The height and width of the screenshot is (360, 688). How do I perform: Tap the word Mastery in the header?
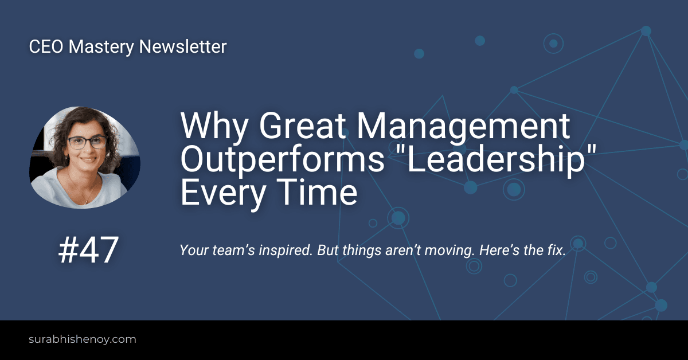click(101, 48)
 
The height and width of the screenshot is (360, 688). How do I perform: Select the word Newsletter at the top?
click(183, 46)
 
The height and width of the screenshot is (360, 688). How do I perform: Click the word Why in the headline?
click(214, 127)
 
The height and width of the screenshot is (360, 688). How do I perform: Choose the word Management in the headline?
click(463, 127)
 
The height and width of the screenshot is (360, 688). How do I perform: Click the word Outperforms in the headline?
click(283, 160)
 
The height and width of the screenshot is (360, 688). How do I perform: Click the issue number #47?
click(88, 250)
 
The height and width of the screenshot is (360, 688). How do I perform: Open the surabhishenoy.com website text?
click(83, 340)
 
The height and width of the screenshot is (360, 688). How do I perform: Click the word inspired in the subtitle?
click(286, 251)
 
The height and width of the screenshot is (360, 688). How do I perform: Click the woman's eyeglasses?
click(87, 142)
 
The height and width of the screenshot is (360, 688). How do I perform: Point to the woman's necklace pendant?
click(85, 202)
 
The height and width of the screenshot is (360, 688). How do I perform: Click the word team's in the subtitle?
click(233, 251)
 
